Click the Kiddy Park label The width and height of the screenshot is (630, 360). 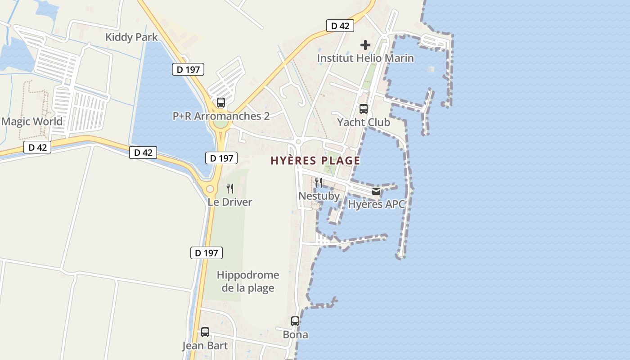(x=131, y=37)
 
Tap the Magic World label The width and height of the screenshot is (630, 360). (x=32, y=121)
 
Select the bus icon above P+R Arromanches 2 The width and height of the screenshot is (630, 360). (x=220, y=103)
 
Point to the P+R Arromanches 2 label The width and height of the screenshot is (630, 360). (x=221, y=116)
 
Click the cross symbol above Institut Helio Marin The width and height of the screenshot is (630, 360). (x=365, y=45)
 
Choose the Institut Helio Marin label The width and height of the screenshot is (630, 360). (x=365, y=58)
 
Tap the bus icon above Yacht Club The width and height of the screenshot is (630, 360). (x=363, y=109)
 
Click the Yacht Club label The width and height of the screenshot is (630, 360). (x=363, y=122)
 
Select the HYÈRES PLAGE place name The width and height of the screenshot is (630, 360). (x=315, y=161)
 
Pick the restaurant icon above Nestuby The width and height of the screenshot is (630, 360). (x=319, y=183)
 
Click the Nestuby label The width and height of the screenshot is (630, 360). (x=319, y=196)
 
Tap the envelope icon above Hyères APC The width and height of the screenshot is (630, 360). (x=376, y=191)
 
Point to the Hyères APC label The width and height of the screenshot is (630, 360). (x=376, y=204)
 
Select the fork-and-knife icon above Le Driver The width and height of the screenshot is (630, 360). (x=230, y=189)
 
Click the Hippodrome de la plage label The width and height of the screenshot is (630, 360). (x=248, y=281)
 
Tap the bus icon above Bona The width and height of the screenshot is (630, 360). (x=295, y=321)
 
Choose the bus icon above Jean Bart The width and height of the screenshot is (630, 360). (x=205, y=332)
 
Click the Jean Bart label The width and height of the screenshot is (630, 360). (x=205, y=346)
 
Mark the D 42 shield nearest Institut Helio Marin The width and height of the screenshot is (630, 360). (x=340, y=26)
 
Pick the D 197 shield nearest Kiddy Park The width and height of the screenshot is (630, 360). (x=188, y=69)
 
